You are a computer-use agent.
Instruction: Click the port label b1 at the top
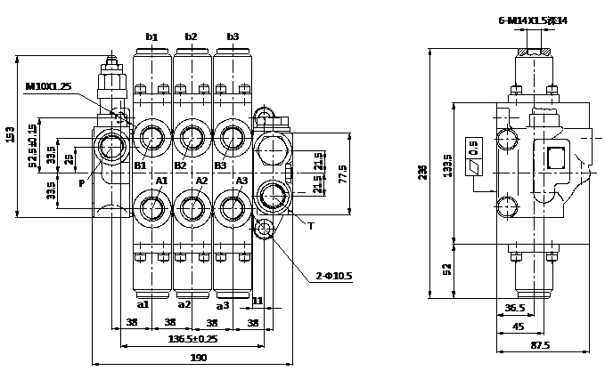coord(151,37)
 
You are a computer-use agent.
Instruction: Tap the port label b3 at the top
coord(233,37)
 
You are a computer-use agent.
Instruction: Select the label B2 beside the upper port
coord(180,165)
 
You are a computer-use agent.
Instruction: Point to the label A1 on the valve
coord(161,181)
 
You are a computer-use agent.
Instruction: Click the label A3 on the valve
coord(241,181)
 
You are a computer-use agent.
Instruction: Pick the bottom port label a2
coord(184,304)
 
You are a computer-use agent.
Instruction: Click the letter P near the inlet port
coord(81,183)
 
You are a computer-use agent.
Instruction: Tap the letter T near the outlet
coord(310,226)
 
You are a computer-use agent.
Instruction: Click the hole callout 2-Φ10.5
coord(334,276)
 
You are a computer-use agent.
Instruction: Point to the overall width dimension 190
coord(198,358)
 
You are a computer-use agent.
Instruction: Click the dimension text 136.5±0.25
coord(192,339)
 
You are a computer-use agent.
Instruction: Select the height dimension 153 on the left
coord(11,134)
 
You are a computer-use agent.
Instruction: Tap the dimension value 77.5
coord(343,172)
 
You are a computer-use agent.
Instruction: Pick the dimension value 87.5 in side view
coord(540,345)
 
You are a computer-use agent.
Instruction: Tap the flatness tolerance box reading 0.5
coord(473,146)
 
